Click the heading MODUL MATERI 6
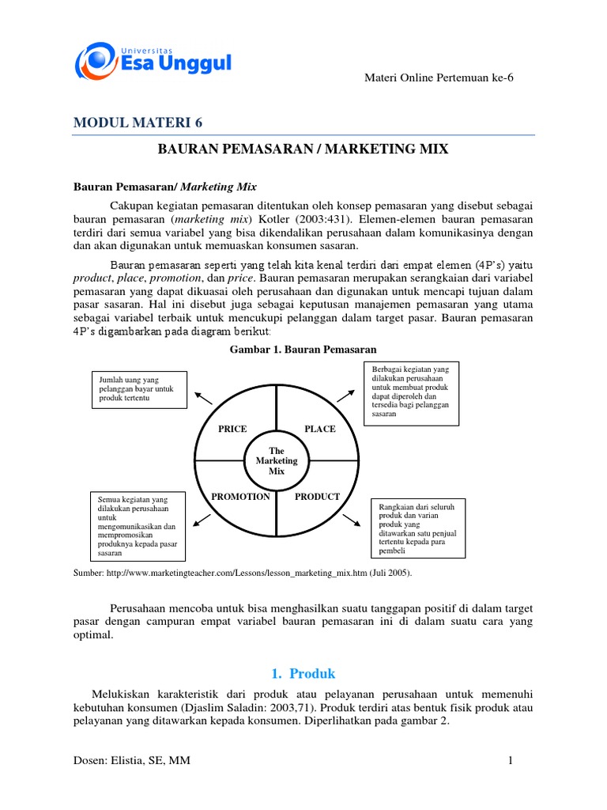[x=142, y=122]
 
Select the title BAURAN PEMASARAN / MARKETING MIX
[x=303, y=149]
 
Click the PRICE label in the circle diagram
[x=232, y=429]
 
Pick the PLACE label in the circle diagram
[x=320, y=429]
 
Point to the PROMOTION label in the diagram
[x=240, y=497]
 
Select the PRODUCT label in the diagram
[x=317, y=497]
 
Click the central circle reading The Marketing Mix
[x=277, y=461]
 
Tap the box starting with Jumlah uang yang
[x=139, y=389]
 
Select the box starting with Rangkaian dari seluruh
[x=419, y=528]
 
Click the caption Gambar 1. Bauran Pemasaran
[x=303, y=349]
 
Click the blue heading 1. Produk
[x=303, y=674]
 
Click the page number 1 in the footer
[x=511, y=761]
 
